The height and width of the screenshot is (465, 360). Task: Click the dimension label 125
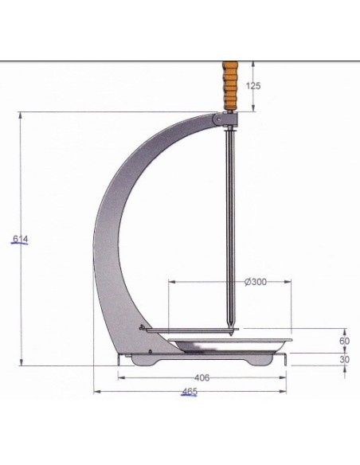pos(253,86)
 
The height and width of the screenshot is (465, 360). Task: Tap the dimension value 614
pos(21,239)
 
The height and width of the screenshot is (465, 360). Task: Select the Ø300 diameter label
pos(256,282)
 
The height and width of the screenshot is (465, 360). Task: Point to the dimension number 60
pos(344,341)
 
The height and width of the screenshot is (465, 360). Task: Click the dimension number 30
pos(344,359)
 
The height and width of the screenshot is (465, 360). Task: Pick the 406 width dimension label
pos(202,377)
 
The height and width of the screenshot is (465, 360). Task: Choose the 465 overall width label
pos(190,392)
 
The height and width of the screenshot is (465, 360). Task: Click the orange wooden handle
pos(230,85)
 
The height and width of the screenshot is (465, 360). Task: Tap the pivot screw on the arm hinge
pos(218,119)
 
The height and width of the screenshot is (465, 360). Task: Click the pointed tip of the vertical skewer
pos(230,335)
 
